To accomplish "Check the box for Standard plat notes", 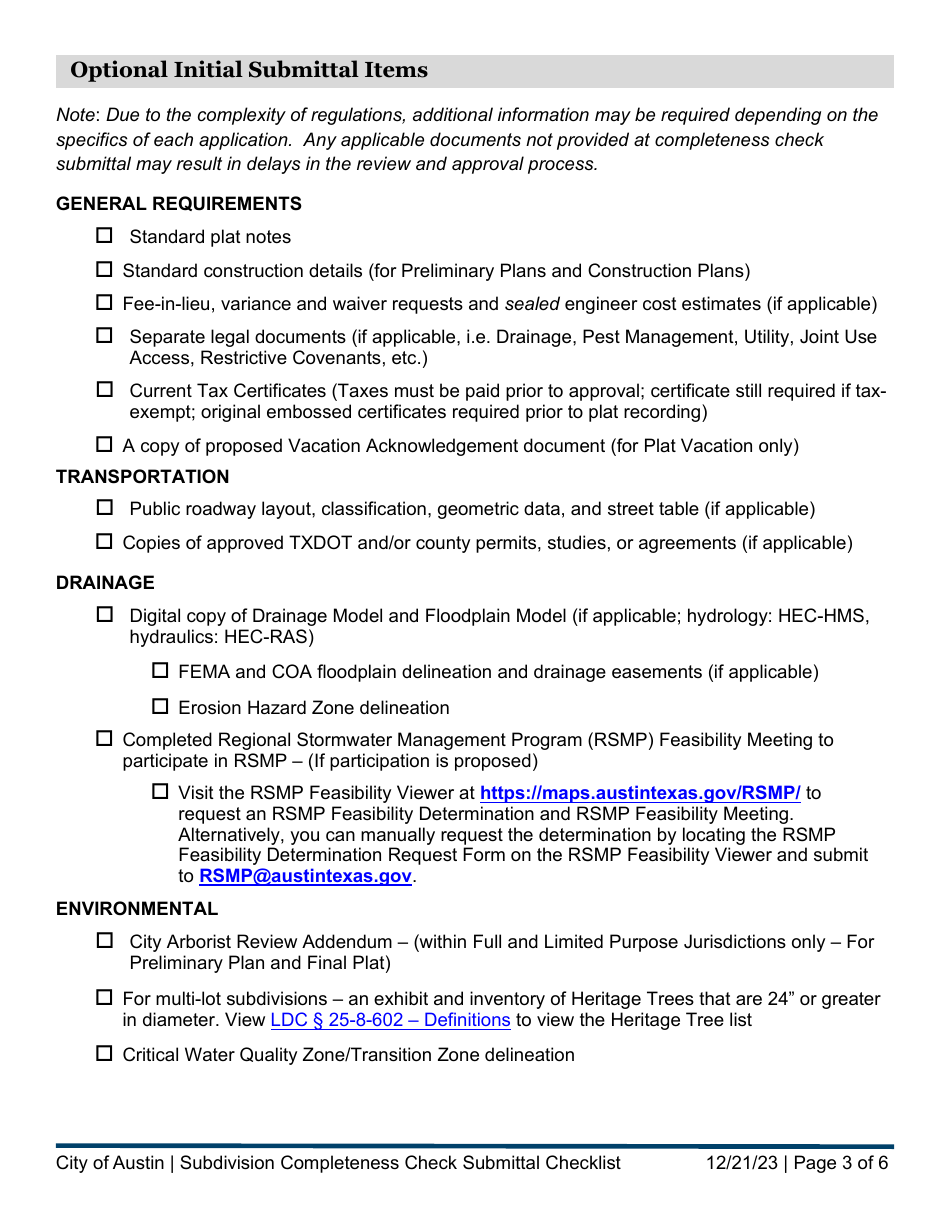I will [104, 236].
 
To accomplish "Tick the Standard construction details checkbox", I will [104, 270].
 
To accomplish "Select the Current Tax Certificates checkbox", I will [104, 390].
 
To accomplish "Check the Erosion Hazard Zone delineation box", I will [160, 707].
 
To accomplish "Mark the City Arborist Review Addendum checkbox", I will [104, 941].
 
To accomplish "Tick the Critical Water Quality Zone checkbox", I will [104, 1054].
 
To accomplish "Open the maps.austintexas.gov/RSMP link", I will [640, 793].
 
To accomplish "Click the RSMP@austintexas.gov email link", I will [305, 876].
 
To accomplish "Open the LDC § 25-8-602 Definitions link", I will [390, 1020].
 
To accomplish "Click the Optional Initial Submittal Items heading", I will [249, 70].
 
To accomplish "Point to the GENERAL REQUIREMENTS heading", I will [178, 204].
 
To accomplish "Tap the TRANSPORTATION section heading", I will [142, 477].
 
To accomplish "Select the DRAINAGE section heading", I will [105, 583].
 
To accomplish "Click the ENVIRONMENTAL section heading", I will [136, 909].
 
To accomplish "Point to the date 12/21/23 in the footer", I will [739, 1163].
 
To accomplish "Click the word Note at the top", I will [76, 115].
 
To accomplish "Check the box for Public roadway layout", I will [104, 508].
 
